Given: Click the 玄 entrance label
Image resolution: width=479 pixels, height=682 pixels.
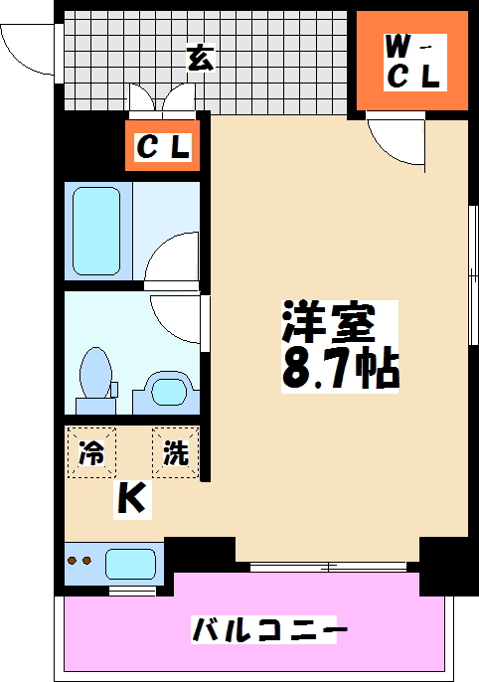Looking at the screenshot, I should coord(199,60).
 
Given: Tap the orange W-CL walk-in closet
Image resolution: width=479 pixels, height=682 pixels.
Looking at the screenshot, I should coord(412,62).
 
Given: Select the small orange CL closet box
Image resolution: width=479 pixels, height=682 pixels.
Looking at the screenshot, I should coord(162,148).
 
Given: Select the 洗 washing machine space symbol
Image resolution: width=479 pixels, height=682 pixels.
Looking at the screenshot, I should coord(175,453).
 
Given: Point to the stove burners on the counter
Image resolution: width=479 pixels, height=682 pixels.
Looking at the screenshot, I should coord(79,563).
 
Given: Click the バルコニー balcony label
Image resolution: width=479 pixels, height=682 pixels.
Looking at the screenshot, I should coord(269,629).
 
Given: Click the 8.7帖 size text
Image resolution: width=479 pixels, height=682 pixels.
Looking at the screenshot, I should coord(340,368).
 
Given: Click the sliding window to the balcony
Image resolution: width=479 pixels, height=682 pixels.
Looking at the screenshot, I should coord(328,567).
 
